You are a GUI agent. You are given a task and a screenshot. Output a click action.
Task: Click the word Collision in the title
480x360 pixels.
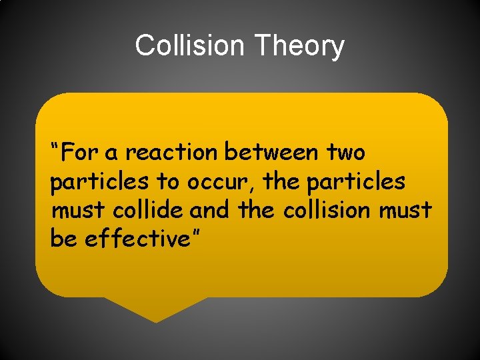click(x=190, y=46)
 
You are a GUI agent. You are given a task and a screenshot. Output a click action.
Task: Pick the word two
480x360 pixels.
click(x=346, y=153)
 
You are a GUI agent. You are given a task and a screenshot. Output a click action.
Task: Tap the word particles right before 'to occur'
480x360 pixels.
click(x=100, y=181)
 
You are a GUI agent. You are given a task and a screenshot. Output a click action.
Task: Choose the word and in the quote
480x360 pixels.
click(x=209, y=210)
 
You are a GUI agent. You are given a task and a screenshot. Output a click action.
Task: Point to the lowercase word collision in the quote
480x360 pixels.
click(x=327, y=210)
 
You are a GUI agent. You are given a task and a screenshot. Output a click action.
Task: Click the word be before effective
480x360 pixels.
click(x=63, y=239)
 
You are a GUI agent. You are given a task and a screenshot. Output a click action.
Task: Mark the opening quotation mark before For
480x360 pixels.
click(x=55, y=146)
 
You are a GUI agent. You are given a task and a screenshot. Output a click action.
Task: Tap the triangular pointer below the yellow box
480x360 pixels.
click(x=155, y=308)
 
